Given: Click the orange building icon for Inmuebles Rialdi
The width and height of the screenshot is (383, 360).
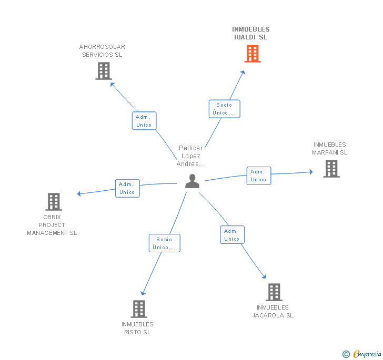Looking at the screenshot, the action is [253, 54].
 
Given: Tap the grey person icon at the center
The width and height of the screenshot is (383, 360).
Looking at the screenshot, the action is [192, 181].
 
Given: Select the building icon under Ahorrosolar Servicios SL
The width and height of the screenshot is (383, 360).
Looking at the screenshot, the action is [104, 71].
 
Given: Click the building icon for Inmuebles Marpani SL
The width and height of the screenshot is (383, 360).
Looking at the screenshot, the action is [331, 169].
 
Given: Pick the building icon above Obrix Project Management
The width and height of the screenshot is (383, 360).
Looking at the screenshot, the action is [54, 202].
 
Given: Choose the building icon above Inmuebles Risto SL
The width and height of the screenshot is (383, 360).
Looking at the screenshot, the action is [139, 309].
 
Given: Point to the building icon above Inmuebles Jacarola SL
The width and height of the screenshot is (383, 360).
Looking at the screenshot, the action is [274, 292].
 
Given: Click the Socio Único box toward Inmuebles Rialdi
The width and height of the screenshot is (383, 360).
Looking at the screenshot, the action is [225, 109].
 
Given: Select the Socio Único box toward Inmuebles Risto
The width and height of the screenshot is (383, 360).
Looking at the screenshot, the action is [165, 243].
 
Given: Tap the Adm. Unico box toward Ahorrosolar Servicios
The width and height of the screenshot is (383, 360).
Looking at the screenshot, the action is [144, 121].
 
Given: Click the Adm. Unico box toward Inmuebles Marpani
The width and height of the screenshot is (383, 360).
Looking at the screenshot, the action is [259, 176].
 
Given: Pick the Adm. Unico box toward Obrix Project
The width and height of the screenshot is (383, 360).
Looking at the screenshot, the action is [127, 188].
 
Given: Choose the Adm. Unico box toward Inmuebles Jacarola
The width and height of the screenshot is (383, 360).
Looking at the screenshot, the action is [233, 235].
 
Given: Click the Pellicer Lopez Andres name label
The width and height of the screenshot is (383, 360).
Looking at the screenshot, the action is [191, 156].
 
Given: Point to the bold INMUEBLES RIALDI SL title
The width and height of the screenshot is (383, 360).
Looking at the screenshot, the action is [251, 33].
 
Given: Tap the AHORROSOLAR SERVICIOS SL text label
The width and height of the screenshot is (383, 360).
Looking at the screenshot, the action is [102, 51].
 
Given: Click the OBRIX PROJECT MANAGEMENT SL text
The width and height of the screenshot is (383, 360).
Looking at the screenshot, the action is [52, 225].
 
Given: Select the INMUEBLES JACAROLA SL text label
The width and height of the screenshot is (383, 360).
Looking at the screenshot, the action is [273, 312].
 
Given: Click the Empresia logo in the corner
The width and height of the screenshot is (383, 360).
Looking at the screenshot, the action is [362, 354].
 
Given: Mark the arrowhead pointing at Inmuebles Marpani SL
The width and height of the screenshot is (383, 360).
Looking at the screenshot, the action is [311, 172].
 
